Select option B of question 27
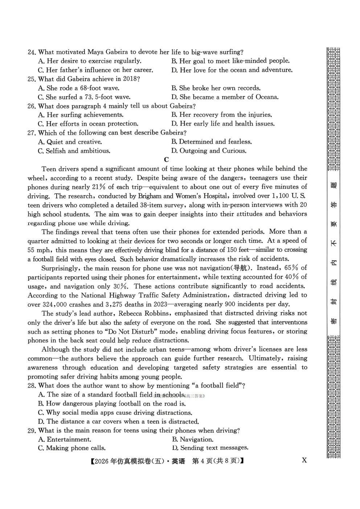coord(212,142)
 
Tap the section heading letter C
coord(167,160)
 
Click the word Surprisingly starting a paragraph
coord(60,268)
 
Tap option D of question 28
coord(118,422)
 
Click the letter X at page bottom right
coord(304,460)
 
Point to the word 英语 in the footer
coord(178,461)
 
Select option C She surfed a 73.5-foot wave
coord(84,97)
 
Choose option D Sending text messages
coord(210,448)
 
